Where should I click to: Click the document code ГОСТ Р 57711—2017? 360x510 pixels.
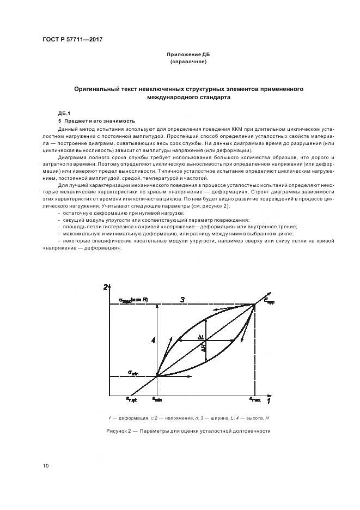[72, 40]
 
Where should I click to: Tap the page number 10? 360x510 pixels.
[46, 465]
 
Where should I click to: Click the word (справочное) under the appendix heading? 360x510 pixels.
[188, 62]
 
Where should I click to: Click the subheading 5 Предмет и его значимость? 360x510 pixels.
[96, 120]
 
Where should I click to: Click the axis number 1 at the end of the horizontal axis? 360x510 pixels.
[268, 401]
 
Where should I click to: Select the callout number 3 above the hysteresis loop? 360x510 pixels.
[183, 299]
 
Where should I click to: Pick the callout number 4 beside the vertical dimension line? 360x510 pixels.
[154, 340]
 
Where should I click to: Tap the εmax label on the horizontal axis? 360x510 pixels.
[254, 399]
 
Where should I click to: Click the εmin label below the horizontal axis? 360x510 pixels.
[157, 399]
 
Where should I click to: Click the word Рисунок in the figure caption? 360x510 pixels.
[117, 431]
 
